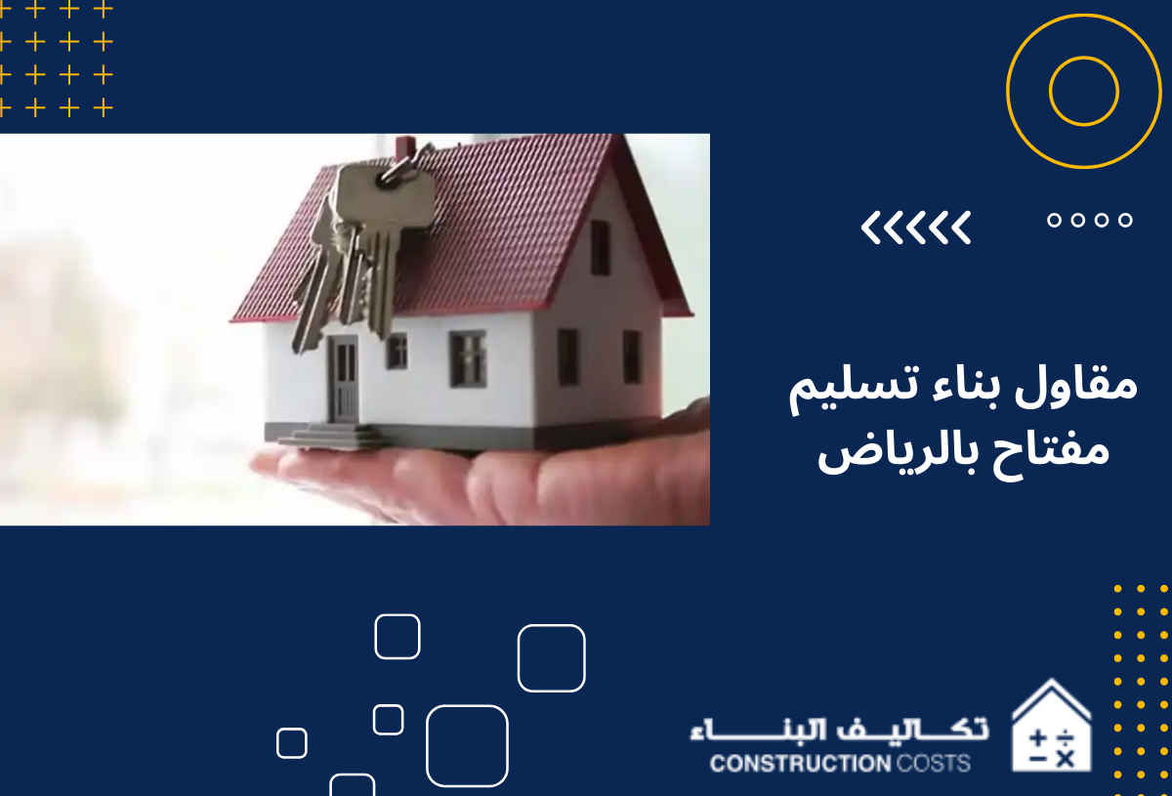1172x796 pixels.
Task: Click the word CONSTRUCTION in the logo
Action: [x=795, y=763]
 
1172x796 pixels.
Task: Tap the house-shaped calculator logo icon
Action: [x=1050, y=728]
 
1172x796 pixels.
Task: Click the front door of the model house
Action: [x=343, y=379]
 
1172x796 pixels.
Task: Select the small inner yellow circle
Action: [x=1083, y=91]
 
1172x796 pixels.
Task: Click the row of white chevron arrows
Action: [x=916, y=228]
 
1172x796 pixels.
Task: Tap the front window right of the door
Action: [x=467, y=357]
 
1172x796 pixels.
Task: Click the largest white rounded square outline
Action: [x=467, y=745]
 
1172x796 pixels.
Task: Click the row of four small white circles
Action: [x=1089, y=220]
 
